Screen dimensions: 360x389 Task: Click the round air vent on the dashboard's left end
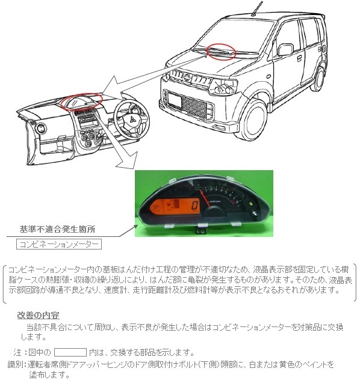click(x=40, y=128)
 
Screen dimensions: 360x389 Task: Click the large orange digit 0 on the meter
click(x=195, y=206)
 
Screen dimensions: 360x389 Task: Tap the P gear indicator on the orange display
click(x=157, y=207)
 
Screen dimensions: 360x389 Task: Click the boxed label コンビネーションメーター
click(x=59, y=244)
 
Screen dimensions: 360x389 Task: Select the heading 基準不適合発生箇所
click(x=57, y=229)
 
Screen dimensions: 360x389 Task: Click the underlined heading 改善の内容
click(x=39, y=315)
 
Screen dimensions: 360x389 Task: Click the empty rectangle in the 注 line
click(x=70, y=352)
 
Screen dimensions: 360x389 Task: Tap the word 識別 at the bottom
click(x=16, y=365)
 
